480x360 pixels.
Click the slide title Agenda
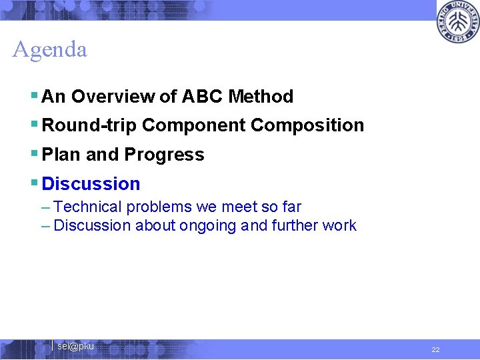[x=50, y=50]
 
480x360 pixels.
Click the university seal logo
[x=457, y=23]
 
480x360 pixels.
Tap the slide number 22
[x=435, y=349]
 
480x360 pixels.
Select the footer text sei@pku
[x=75, y=346]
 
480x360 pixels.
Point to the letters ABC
[x=201, y=97]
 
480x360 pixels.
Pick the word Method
[x=261, y=97]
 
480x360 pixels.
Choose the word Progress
[x=164, y=155]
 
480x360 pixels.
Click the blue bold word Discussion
[x=91, y=184]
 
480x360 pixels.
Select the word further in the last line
[x=295, y=226]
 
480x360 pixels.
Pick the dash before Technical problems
[x=45, y=207]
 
